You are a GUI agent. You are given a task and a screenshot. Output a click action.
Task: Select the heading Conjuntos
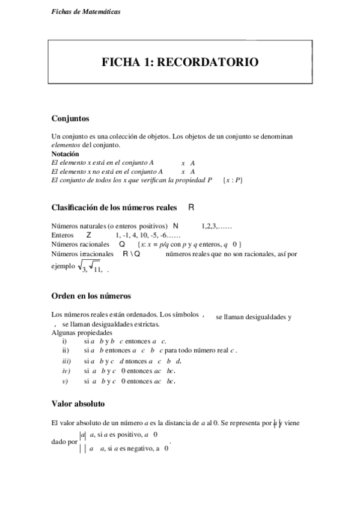(x=70, y=118)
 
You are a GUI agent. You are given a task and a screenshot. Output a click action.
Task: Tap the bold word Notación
(x=66, y=154)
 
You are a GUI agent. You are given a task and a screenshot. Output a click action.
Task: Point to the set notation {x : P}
(x=232, y=179)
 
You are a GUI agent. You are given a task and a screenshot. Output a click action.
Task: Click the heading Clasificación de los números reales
(x=114, y=207)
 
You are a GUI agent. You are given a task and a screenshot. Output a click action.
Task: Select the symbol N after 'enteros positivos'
(x=175, y=226)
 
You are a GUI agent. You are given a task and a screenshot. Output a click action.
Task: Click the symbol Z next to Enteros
(x=89, y=235)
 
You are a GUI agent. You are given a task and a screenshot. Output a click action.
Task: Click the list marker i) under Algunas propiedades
(x=64, y=340)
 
